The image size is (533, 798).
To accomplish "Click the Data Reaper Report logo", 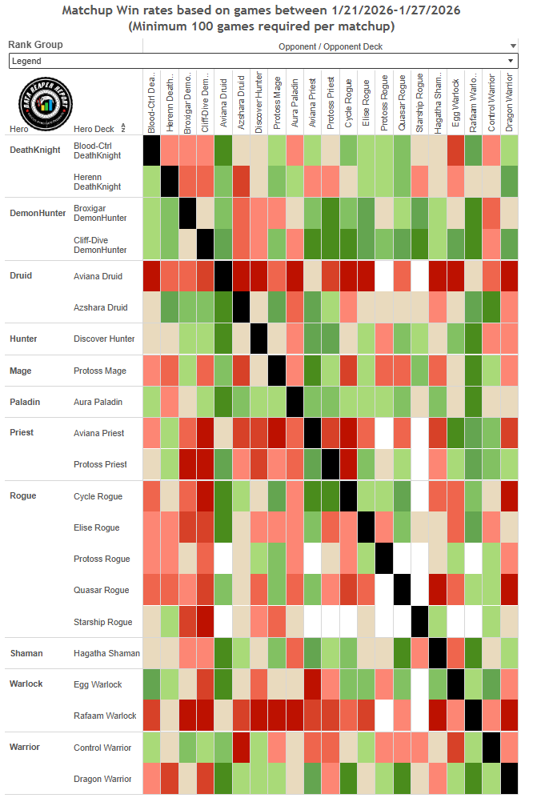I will (45, 102).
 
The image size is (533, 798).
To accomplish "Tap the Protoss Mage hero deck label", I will (100, 370).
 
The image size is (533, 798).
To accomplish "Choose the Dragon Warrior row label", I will (102, 779).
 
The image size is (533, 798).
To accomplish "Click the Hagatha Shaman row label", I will (106, 653).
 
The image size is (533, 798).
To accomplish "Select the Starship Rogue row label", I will (102, 622).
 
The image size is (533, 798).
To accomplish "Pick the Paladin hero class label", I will (25, 401).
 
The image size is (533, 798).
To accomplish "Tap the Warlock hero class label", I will (26, 684).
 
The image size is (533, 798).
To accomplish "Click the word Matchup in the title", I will (90, 10).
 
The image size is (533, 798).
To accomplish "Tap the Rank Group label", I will (35, 45).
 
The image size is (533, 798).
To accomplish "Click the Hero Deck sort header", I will (94, 128).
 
